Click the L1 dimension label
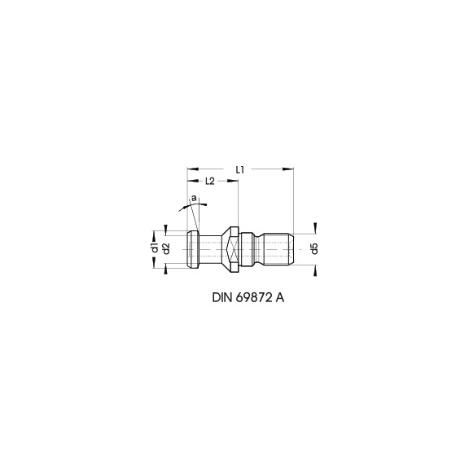pyautogui.click(x=240, y=168)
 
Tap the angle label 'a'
pyautogui.click(x=193, y=198)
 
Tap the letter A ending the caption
pyautogui.click(x=281, y=298)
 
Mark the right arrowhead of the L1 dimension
pyautogui.click(x=289, y=169)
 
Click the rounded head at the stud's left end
pyautogui.click(x=193, y=248)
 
